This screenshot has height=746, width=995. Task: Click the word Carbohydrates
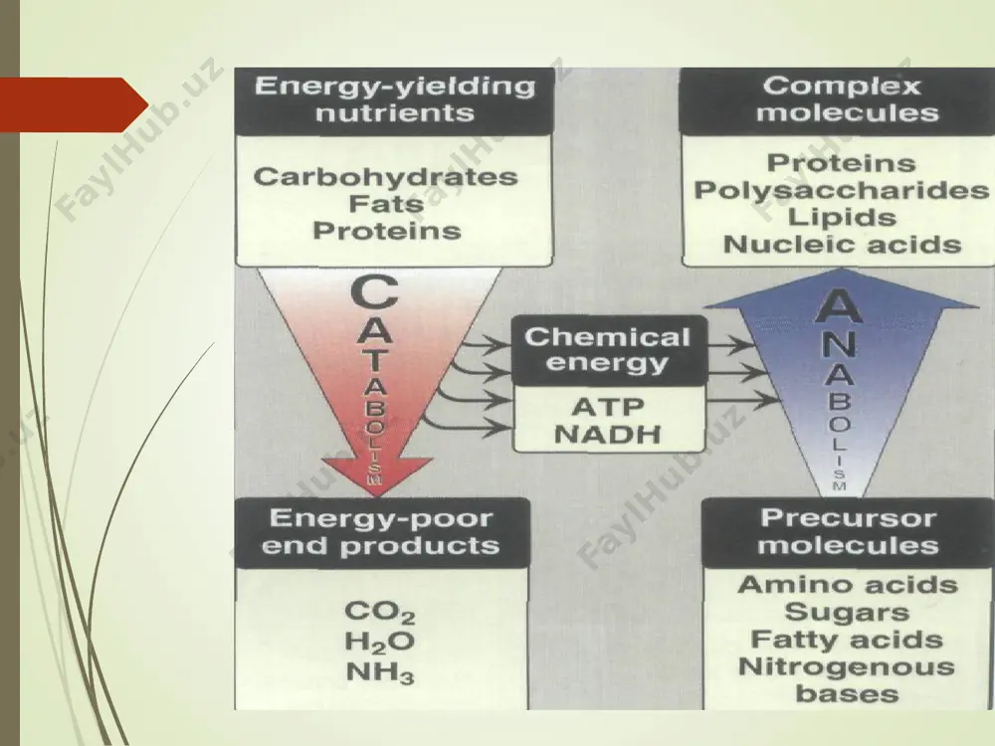coord(386,177)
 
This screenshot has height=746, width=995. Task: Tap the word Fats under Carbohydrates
coord(386,204)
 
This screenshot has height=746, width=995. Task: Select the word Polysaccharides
coord(842,190)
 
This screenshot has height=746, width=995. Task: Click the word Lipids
coord(842,218)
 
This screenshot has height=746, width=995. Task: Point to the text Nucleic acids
coord(842,245)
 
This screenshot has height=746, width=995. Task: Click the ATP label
coord(608,407)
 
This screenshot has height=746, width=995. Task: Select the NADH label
coord(608,435)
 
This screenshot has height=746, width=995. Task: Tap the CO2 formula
coord(380,613)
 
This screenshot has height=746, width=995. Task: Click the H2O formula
coord(380,642)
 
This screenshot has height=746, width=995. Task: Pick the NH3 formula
coord(380,672)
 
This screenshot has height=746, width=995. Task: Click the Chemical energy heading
coord(608,350)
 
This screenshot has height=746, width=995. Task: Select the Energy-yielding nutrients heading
coord(395,99)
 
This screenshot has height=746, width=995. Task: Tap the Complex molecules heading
coord(842,99)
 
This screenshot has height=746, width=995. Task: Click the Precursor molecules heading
coord(848,531)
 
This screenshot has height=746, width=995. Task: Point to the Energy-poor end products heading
coord(381,531)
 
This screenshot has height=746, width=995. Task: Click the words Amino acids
coord(848,585)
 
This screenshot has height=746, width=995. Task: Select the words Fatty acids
coord(847,640)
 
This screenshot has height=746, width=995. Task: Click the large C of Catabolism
coord(375,293)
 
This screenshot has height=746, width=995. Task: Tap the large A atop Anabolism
coord(838,307)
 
